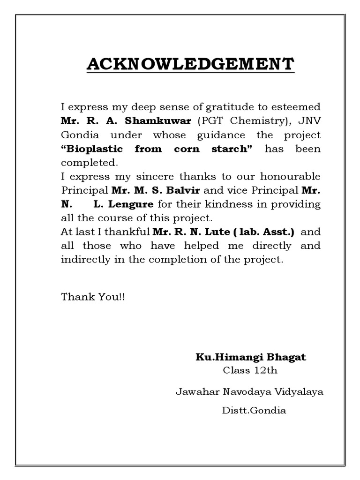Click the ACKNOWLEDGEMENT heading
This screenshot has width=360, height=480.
click(x=190, y=64)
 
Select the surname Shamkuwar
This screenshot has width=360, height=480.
click(x=158, y=121)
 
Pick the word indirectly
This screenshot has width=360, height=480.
click(x=82, y=260)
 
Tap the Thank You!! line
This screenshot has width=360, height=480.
click(x=93, y=297)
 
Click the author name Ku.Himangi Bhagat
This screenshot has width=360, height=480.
click(x=250, y=357)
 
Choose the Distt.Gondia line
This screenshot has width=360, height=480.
click(x=253, y=411)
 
